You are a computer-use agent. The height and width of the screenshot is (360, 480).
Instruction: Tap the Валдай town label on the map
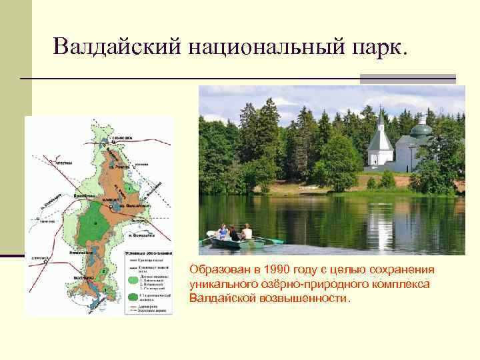(x=111, y=199)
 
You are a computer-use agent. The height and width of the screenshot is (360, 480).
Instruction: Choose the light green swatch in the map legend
(x=131, y=280)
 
